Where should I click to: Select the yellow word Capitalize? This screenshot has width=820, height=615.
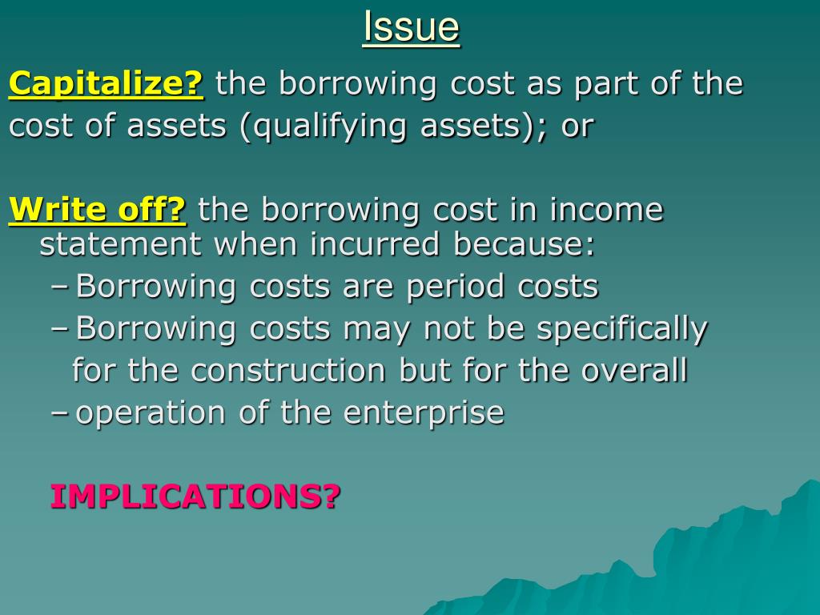[x=107, y=83]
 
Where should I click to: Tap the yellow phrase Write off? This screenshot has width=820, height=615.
[x=97, y=210]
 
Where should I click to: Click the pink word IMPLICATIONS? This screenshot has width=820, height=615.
[x=195, y=496]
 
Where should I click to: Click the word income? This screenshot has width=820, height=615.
[x=606, y=210]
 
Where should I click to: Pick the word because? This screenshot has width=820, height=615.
[x=525, y=244]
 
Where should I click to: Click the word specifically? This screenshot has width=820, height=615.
[x=622, y=328]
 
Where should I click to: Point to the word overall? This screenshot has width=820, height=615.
[x=635, y=371]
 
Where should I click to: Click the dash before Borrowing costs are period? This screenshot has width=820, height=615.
[x=59, y=287]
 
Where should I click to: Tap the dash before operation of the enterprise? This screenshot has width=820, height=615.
[x=59, y=414]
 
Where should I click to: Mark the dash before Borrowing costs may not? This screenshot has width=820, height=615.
[x=59, y=329]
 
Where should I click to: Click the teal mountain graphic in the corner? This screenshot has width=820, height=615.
[x=721, y=561]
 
